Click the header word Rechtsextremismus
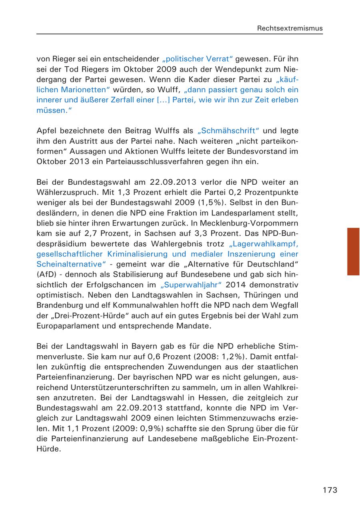(x=290, y=28)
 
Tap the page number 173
(x=330, y=490)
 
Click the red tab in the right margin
(x=353, y=251)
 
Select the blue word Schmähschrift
(x=228, y=131)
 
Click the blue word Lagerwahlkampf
(x=264, y=243)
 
